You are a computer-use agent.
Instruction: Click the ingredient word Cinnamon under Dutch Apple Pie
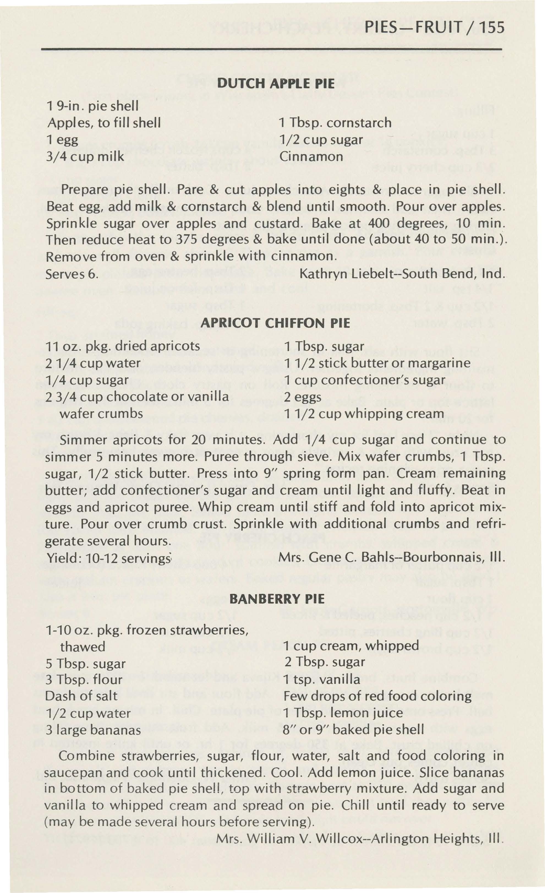pos(311,157)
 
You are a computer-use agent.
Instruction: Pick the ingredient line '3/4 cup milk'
pos(85,157)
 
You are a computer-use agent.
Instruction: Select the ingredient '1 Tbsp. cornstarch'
pos(335,123)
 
